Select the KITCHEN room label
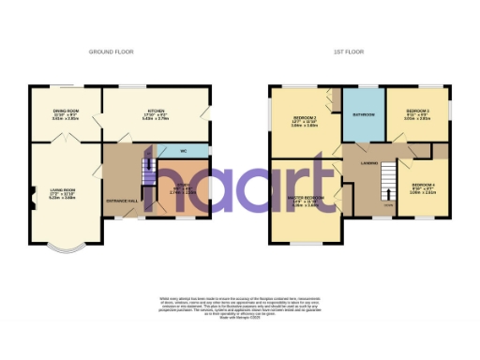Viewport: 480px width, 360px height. click(x=155, y=111)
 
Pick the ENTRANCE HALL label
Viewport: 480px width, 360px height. click(x=123, y=201)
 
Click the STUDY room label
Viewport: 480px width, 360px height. click(x=182, y=184)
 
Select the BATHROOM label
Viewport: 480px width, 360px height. click(x=364, y=114)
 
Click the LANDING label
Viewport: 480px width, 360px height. click(x=367, y=163)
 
